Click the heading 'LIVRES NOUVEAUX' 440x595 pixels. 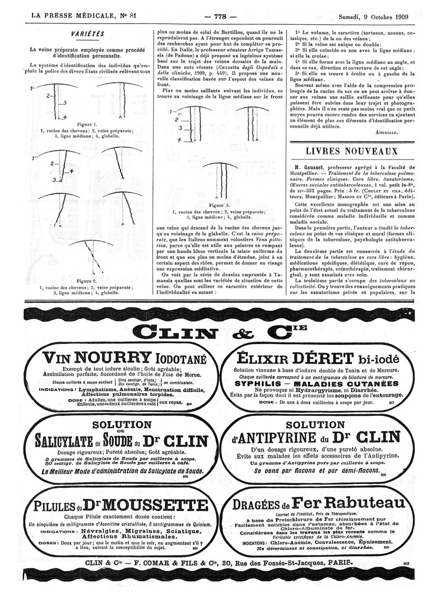click(351, 151)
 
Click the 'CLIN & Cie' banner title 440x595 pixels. click(221, 332)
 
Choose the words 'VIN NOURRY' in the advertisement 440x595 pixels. click(97, 358)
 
